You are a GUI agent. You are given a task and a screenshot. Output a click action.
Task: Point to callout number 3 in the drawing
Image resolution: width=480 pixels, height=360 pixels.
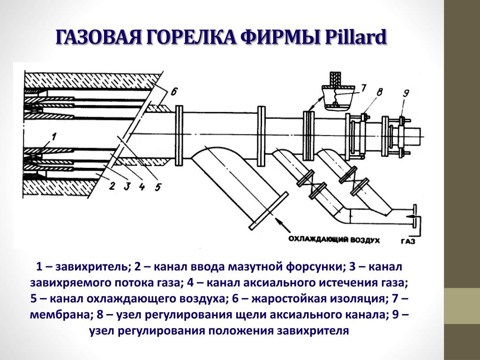tap(127, 186)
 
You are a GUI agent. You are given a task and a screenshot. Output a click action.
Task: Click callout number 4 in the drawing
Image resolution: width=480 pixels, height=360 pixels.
tap(142, 186)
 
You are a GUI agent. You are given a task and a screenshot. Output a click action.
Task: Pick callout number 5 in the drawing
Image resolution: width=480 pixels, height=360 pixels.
tap(157, 187)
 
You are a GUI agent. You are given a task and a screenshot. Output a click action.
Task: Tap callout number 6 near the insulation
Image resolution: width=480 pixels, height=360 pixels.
tap(174, 91)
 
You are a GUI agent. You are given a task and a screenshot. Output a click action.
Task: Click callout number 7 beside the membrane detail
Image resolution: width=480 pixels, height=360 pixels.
tap(363, 88)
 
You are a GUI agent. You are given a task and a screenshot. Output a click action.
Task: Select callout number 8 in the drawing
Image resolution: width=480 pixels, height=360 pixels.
tap(379, 91)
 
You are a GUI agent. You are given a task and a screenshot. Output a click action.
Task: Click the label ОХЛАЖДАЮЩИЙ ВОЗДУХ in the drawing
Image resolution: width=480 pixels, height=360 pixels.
tap(334, 240)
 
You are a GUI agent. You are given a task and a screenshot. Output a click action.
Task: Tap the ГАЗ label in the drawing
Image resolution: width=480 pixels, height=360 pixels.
tap(408, 241)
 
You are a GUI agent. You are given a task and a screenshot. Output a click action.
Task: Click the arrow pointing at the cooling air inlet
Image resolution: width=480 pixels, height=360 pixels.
tap(282, 225)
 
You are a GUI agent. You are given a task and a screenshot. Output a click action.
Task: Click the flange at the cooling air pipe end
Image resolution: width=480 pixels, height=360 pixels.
tap(268, 210)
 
